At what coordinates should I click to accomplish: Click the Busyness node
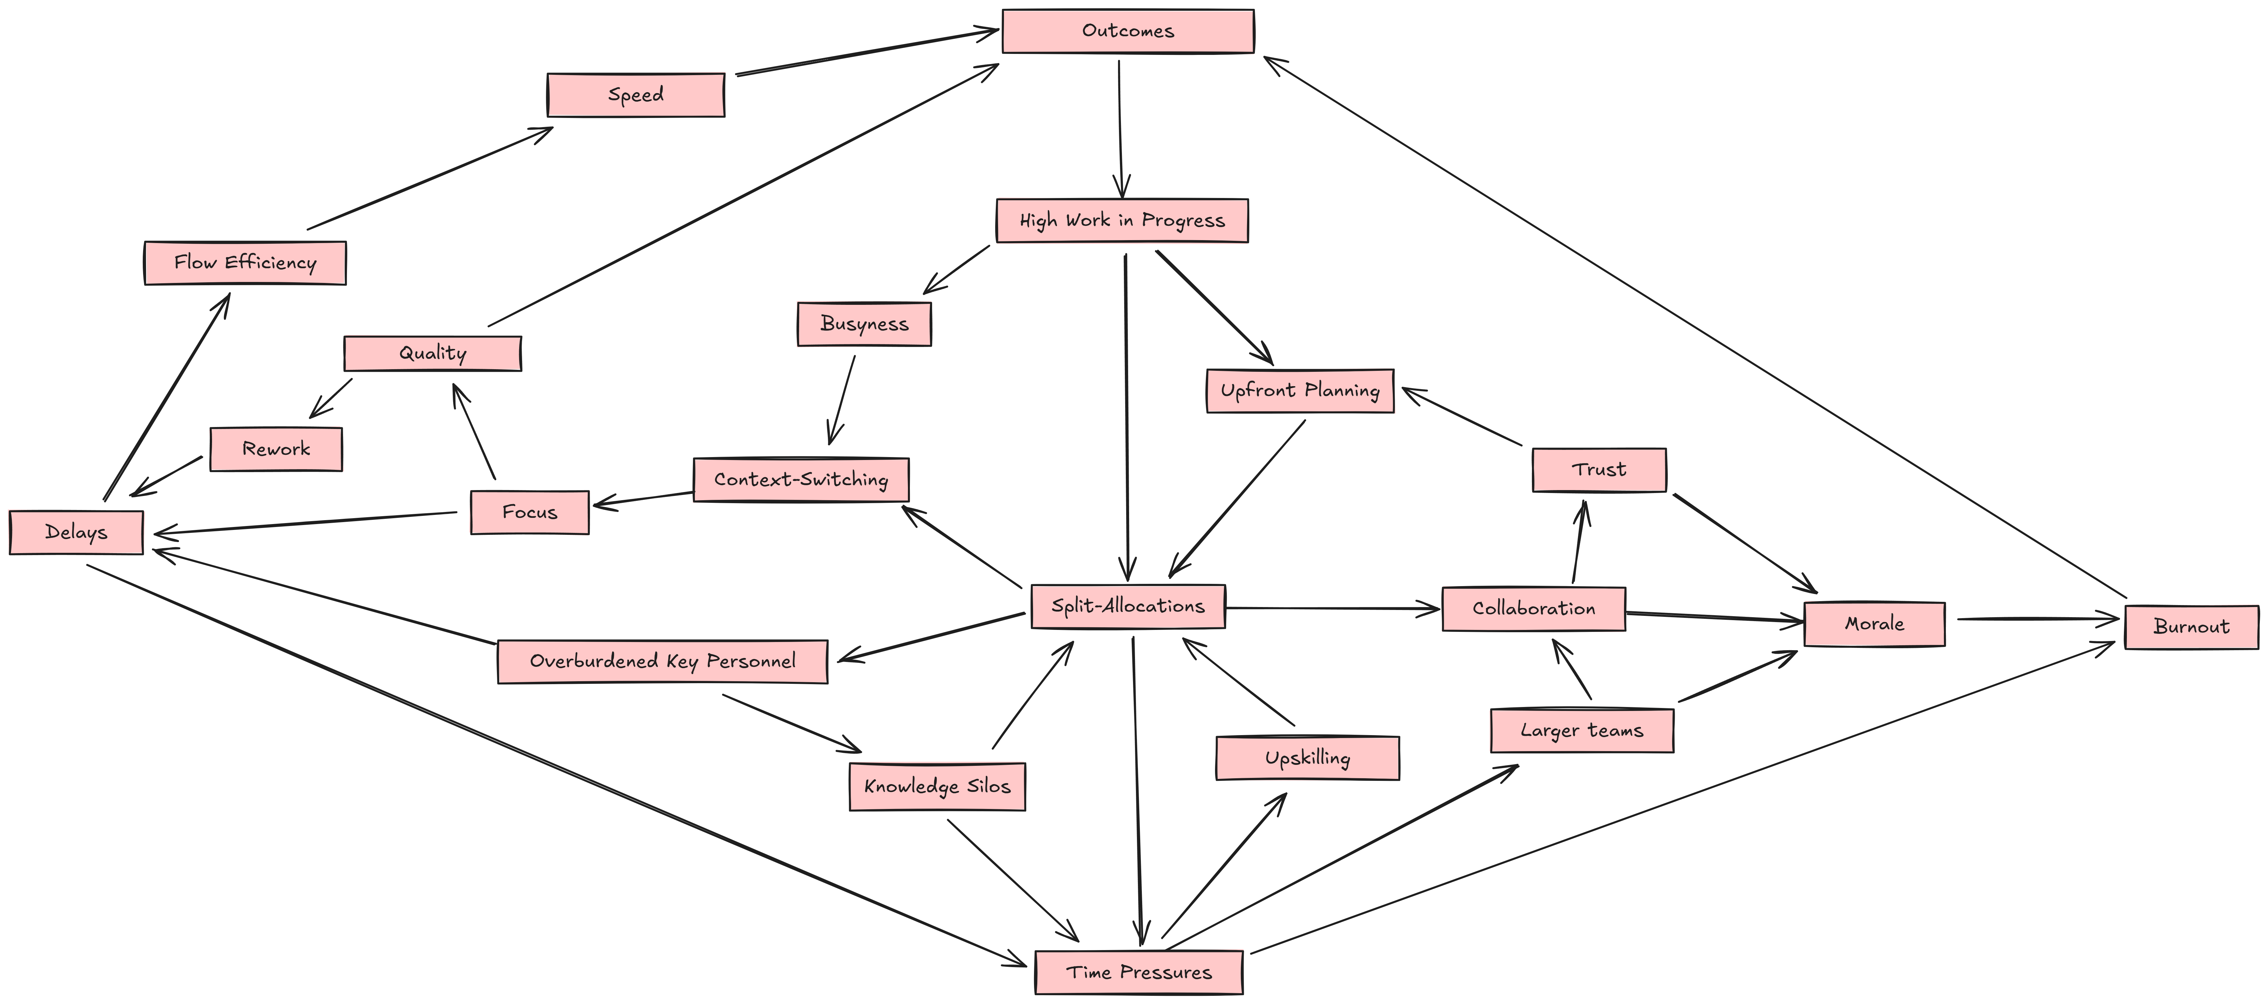(x=864, y=324)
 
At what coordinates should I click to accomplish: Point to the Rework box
(x=275, y=449)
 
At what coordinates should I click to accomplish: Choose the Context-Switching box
(x=800, y=480)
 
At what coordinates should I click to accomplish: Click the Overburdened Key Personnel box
(x=662, y=661)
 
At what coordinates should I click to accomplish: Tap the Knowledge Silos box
(x=937, y=786)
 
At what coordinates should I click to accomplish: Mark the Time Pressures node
(x=1138, y=972)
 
